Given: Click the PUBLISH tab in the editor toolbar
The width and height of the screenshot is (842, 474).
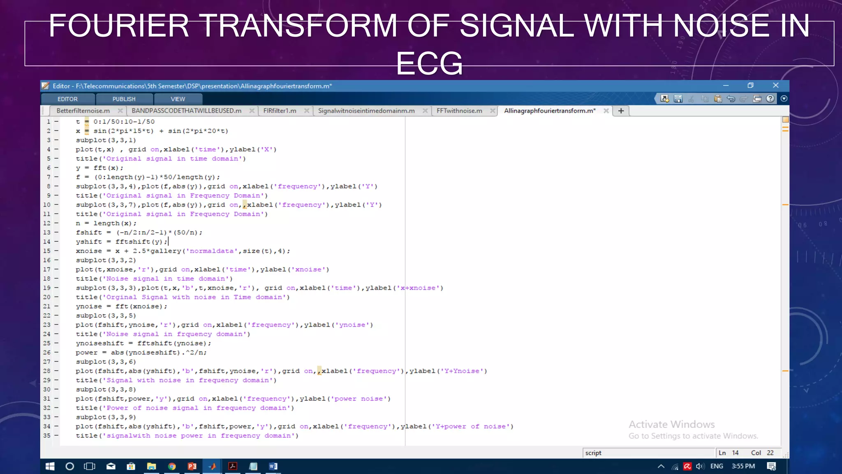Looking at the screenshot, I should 124,99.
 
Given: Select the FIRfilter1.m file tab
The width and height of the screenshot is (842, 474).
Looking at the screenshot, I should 280,111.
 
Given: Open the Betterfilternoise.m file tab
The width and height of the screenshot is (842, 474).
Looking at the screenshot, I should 83,111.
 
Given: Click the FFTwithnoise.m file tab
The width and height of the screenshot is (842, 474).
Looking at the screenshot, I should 459,111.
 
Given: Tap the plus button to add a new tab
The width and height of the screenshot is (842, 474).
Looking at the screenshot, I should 621,111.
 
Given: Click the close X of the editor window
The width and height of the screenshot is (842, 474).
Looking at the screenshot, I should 775,85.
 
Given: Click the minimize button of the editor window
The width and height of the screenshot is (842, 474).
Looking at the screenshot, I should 726,85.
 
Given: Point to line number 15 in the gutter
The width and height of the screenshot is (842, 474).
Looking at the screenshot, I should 47,251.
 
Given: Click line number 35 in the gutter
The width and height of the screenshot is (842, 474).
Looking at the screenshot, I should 47,436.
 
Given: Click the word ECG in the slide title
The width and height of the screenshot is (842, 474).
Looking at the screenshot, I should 429,63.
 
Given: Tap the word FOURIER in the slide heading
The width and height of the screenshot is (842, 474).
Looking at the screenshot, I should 119,26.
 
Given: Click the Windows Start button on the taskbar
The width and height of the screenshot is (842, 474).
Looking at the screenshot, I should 50,466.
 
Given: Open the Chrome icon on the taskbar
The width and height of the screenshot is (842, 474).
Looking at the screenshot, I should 172,466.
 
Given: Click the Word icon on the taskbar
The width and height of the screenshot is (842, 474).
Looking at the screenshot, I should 273,466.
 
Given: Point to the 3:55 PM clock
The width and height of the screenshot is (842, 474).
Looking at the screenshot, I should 743,466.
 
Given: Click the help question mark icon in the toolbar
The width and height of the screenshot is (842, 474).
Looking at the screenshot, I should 770,99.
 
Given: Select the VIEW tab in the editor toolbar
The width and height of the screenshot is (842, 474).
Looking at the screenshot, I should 178,99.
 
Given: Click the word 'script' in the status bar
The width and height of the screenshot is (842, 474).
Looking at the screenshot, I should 593,453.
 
